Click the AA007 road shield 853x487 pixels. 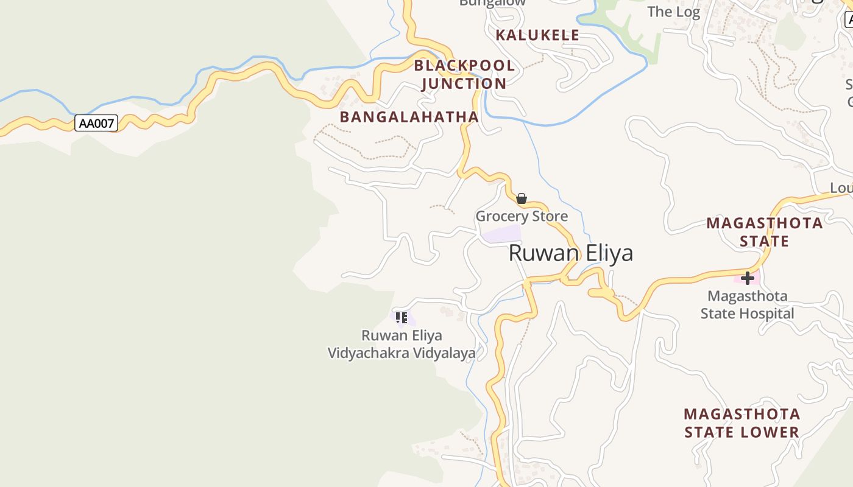[x=96, y=123]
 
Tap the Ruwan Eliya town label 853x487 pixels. [x=571, y=253]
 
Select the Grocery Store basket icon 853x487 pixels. [x=522, y=198]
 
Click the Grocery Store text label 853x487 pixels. [x=522, y=216]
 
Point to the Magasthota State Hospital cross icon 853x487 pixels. [x=748, y=278]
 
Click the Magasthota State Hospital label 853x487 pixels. [x=748, y=305]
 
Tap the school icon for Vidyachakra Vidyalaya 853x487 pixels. [x=402, y=318]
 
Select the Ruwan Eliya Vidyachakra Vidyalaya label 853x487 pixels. [x=402, y=344]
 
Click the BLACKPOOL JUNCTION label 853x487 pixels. [x=464, y=74]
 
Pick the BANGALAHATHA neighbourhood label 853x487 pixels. [x=409, y=117]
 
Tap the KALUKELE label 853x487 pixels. [x=537, y=35]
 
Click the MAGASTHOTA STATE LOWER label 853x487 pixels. [x=742, y=423]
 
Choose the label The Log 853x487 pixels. [x=673, y=12]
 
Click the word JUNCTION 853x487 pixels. [x=464, y=83]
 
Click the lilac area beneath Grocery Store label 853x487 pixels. [x=501, y=234]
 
